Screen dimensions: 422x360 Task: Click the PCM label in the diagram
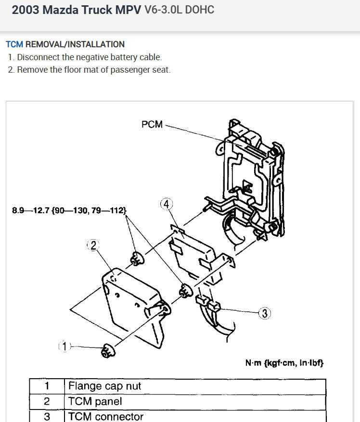point(152,125)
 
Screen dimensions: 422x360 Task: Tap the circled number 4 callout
point(166,204)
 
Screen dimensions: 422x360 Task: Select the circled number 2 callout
point(92,245)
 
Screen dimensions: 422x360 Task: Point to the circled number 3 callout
point(265,314)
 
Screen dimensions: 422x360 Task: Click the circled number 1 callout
point(65,346)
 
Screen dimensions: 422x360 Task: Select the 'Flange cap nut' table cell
point(105,386)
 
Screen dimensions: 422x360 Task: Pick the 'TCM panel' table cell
point(95,401)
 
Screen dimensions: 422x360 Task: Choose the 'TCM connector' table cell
point(106,416)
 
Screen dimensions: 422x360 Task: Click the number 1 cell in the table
point(47,386)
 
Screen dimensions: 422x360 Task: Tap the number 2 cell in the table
point(47,401)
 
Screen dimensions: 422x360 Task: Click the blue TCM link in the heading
point(14,44)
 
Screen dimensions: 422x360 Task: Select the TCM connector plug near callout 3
point(207,303)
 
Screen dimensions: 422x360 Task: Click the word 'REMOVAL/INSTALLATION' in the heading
point(75,44)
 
